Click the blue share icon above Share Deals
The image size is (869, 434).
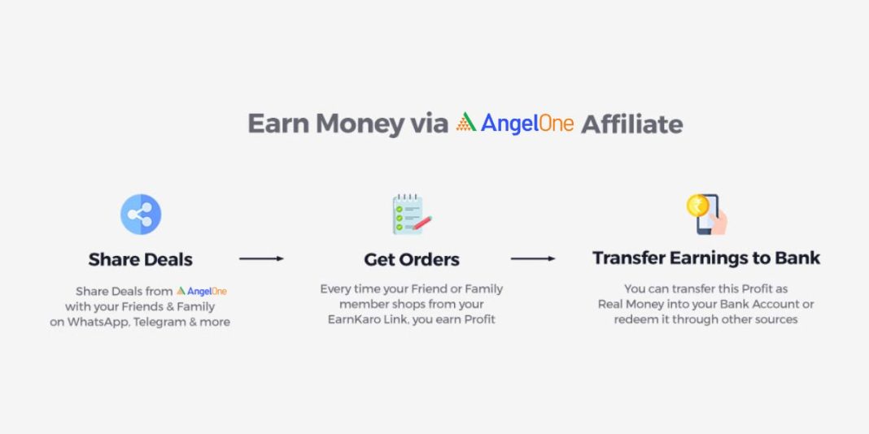(141, 215)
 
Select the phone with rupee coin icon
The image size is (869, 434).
(705, 213)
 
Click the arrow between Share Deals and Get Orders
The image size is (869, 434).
(261, 258)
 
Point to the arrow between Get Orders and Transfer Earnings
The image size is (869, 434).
(533, 258)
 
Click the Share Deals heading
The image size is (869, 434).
(141, 260)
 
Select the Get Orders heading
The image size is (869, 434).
(412, 260)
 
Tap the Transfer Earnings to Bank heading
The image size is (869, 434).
(706, 258)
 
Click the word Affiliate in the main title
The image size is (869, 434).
(631, 124)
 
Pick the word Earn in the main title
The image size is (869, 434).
(278, 124)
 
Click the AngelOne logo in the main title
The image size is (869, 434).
(514, 124)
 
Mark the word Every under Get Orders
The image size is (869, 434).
(336, 289)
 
